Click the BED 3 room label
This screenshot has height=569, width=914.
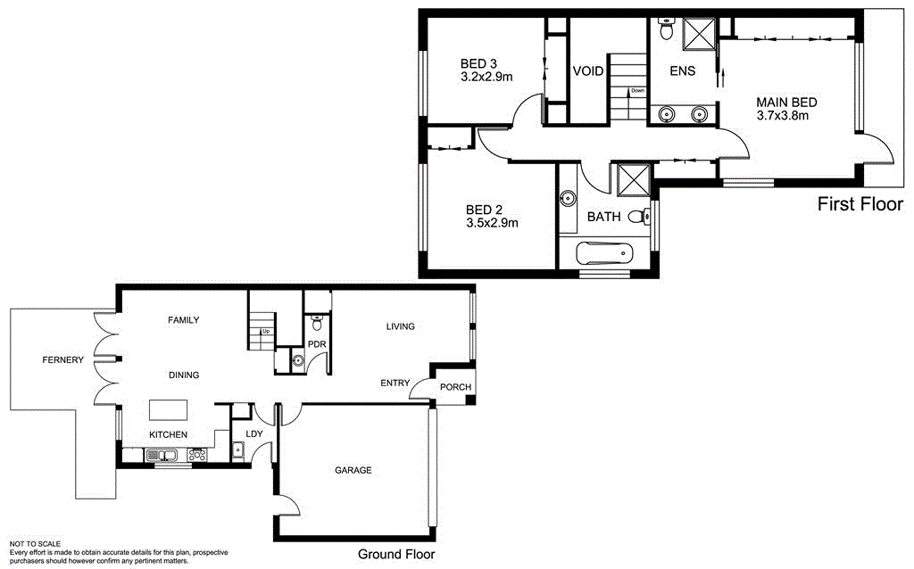(478, 63)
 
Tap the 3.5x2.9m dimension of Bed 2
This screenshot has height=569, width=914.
(492, 223)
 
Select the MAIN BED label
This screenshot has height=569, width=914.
(786, 102)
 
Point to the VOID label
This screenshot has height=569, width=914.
(588, 71)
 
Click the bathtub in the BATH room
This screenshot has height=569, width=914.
(602, 255)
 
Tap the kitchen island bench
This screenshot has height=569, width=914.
(168, 408)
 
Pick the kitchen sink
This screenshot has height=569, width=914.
(162, 455)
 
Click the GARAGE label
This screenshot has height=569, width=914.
(353, 470)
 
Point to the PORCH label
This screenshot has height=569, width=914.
(455, 387)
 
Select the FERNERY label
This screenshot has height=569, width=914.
(62, 360)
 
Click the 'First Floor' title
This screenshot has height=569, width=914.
(860, 205)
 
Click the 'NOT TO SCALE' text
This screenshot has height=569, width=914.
(35, 543)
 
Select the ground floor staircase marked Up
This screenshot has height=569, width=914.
(260, 330)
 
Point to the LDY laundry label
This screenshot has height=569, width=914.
(253, 434)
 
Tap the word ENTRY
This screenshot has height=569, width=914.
(395, 383)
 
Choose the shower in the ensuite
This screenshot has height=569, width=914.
(699, 35)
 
